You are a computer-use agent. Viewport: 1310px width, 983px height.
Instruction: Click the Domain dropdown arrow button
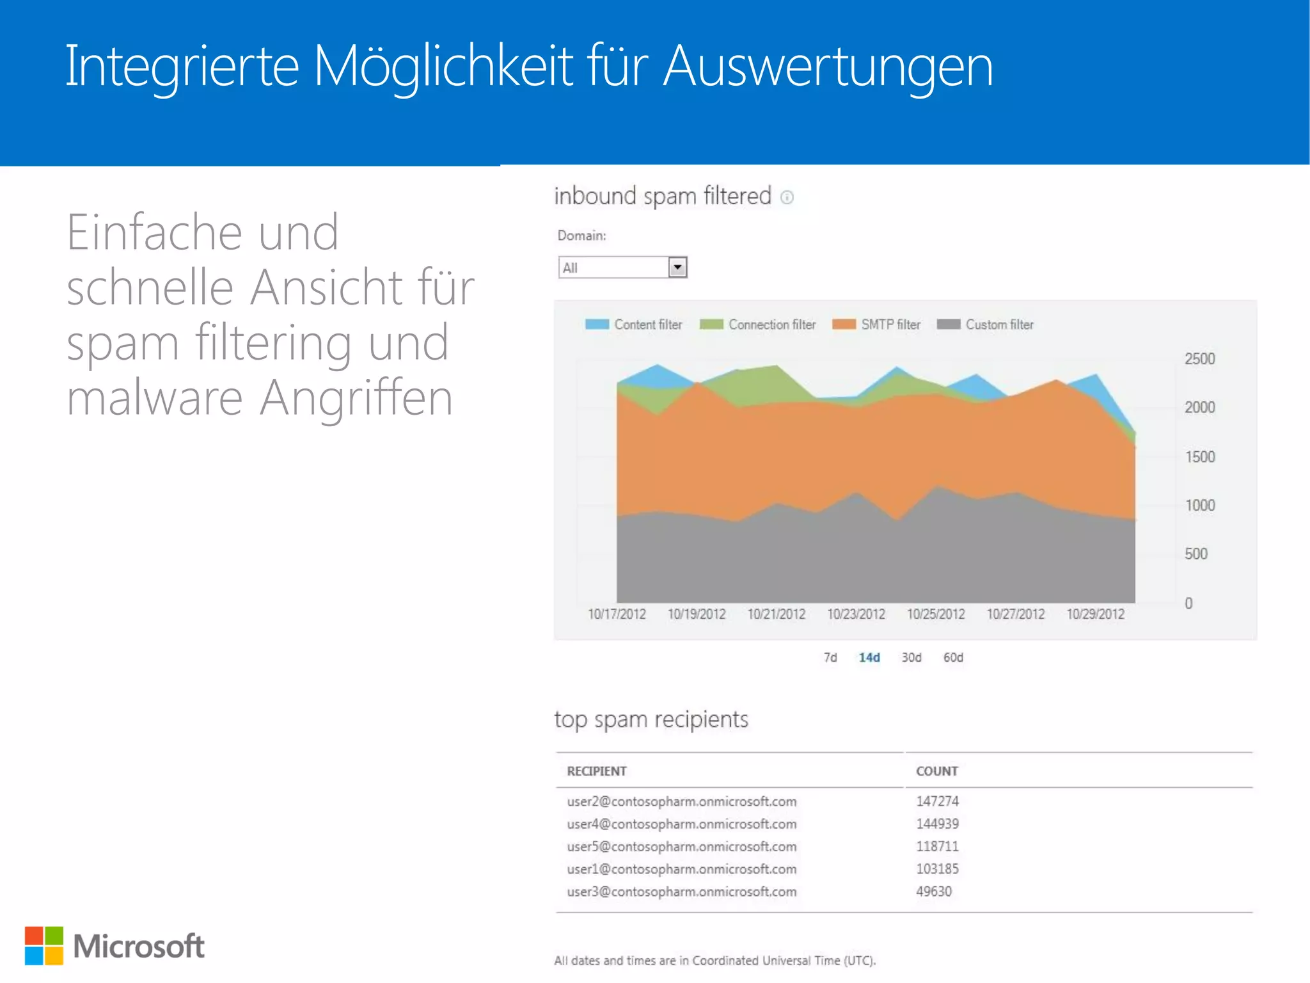[x=677, y=267]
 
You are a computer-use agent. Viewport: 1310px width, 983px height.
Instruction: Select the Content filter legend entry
[x=633, y=324]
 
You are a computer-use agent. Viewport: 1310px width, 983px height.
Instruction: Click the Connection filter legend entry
[x=757, y=324]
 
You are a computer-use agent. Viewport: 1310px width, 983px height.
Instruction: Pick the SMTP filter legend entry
[x=876, y=324]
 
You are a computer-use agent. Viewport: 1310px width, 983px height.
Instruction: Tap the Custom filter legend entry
[x=985, y=324]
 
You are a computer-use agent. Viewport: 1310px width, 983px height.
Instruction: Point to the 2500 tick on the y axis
[x=1199, y=359]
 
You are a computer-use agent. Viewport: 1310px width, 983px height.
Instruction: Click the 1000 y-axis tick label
[x=1199, y=506]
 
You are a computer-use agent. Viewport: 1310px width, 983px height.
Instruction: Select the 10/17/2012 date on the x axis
[x=617, y=614]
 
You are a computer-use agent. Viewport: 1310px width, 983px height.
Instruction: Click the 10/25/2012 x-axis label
[x=936, y=614]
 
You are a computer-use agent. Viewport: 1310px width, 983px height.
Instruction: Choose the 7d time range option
[x=830, y=658]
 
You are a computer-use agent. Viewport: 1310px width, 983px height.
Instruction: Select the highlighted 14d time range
[x=869, y=658]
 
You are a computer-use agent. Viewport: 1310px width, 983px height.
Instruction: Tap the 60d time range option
[x=953, y=658]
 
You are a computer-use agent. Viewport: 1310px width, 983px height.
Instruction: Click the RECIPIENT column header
[x=597, y=771]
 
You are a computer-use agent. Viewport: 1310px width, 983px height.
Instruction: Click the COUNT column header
[x=937, y=771]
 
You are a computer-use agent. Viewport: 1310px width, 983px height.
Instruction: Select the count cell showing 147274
[x=937, y=801]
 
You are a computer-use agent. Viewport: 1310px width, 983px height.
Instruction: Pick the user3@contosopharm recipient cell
[x=682, y=891]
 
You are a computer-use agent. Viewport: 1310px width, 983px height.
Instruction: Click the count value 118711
[x=937, y=846]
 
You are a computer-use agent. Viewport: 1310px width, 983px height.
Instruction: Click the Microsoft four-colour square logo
[x=44, y=945]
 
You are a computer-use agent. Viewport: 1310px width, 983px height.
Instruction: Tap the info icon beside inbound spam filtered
[x=787, y=198]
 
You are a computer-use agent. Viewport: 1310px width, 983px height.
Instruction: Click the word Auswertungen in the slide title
[x=828, y=67]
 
